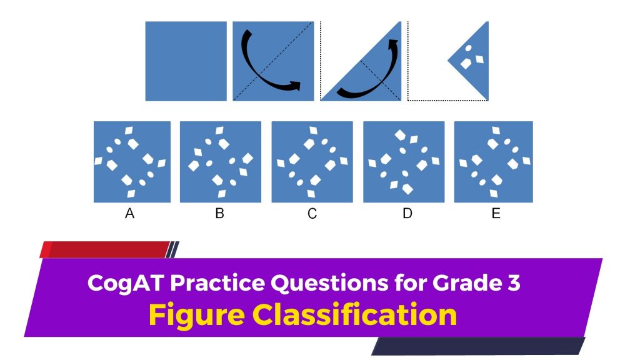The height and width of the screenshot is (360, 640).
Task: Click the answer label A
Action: click(129, 213)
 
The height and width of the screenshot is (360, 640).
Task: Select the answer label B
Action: click(219, 213)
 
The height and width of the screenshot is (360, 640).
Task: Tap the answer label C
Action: click(312, 214)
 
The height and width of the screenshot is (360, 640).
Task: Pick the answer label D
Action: click(407, 213)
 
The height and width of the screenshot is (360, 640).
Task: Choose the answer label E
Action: click(496, 213)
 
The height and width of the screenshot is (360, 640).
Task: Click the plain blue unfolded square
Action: click(186, 61)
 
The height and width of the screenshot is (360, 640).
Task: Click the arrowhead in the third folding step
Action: click(393, 44)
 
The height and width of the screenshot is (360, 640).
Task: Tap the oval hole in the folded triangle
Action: click(469, 48)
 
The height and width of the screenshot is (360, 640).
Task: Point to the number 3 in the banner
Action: click(514, 282)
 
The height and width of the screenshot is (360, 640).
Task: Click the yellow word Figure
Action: click(196, 315)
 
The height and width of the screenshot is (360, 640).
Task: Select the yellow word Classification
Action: click(354, 314)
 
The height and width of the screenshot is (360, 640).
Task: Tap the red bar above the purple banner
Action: click(105, 249)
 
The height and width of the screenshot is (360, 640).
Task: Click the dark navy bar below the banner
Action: click(478, 346)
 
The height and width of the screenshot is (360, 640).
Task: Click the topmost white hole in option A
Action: click(129, 131)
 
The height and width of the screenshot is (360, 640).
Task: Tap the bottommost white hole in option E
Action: click(494, 194)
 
